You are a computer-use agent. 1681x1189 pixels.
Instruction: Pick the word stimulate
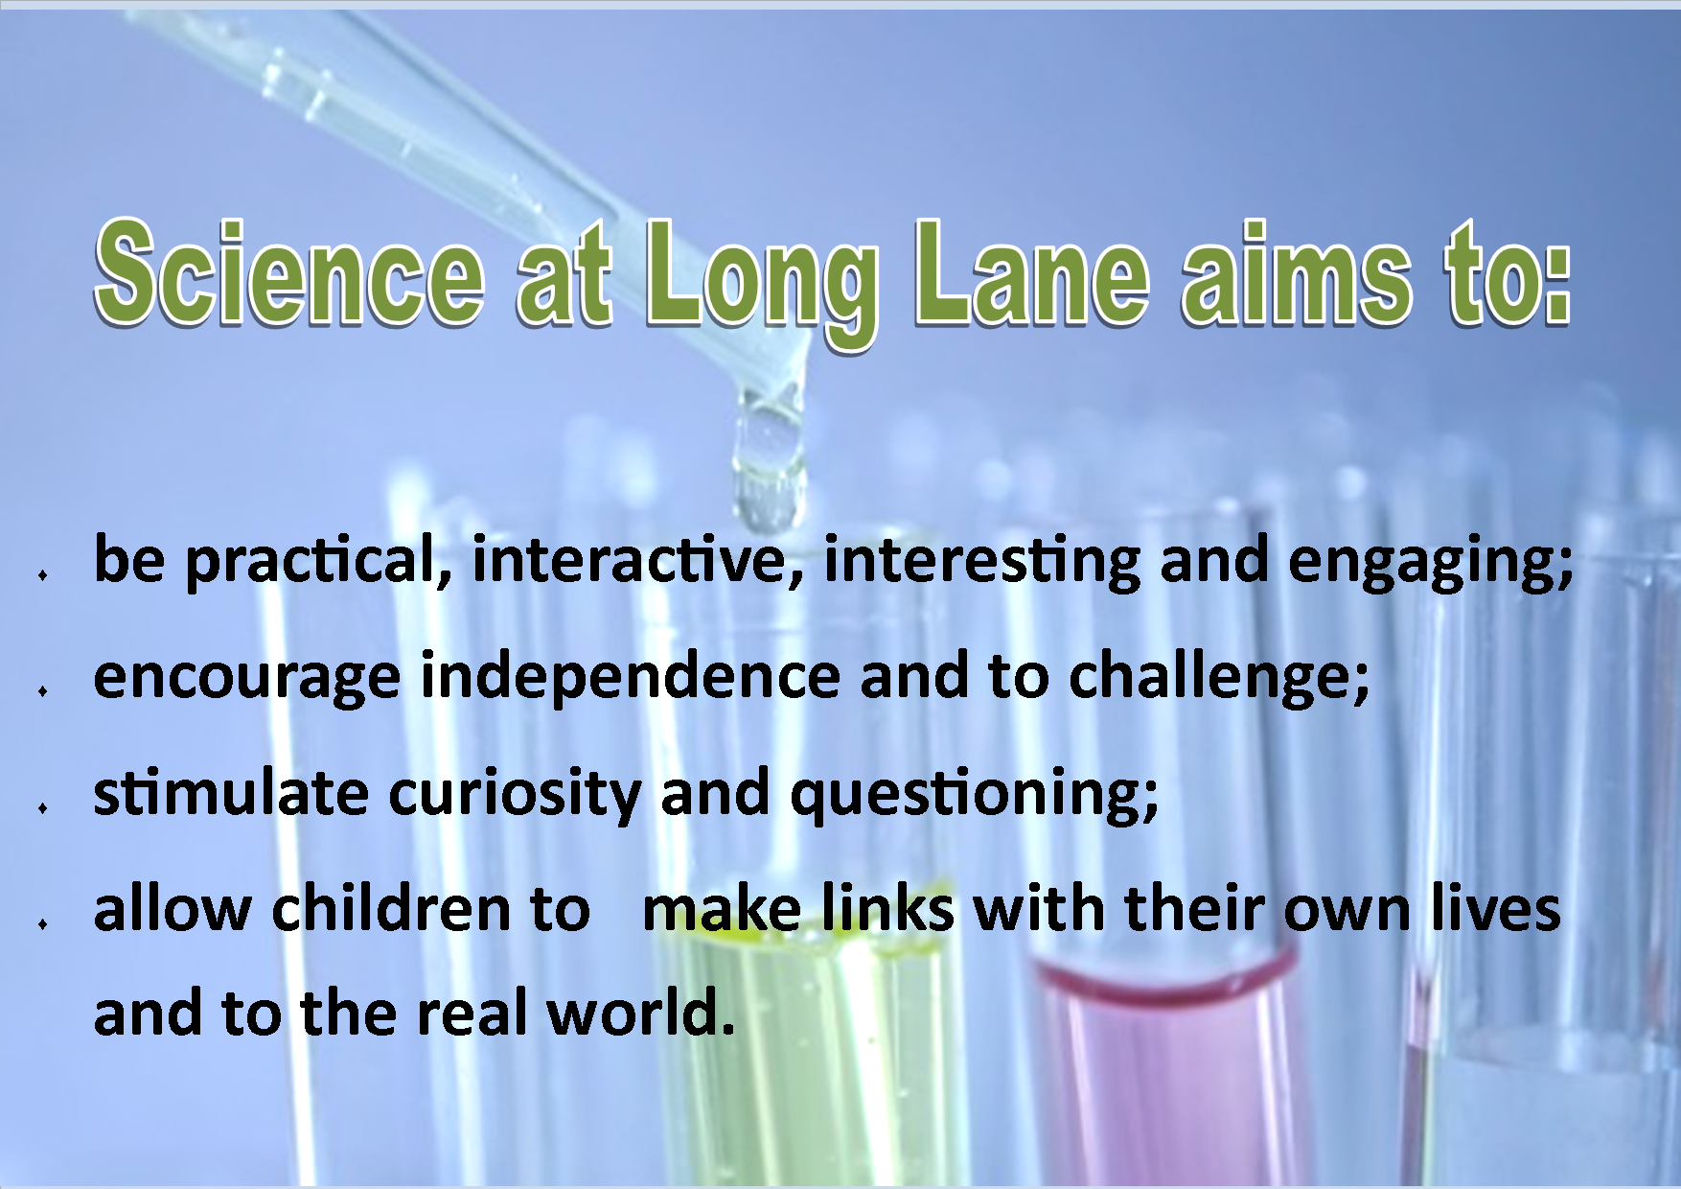pyautogui.click(x=231, y=795)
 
